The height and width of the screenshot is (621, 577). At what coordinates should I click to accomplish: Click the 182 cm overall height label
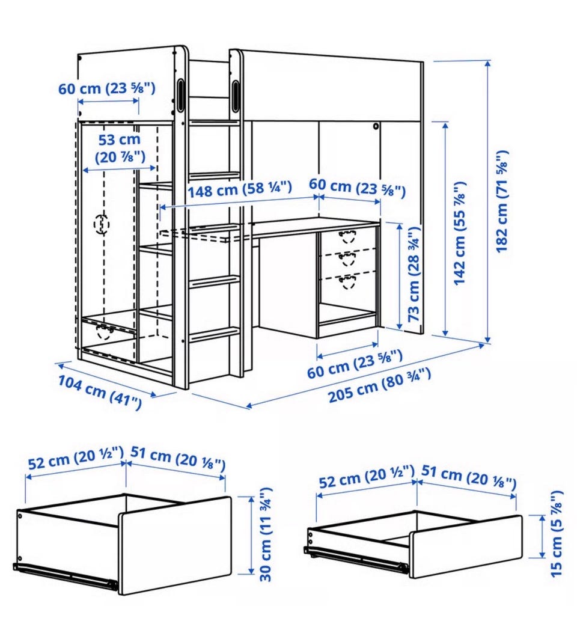pyautogui.click(x=502, y=201)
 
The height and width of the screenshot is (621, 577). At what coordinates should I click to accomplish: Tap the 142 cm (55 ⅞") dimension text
pyautogui.click(x=460, y=233)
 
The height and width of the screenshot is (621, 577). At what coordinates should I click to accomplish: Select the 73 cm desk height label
pyautogui.click(x=414, y=274)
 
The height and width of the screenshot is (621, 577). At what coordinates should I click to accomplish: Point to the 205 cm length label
pyautogui.click(x=380, y=385)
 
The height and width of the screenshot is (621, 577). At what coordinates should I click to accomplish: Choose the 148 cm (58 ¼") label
pyautogui.click(x=240, y=189)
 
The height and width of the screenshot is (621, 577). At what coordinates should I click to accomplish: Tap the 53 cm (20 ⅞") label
pyautogui.click(x=120, y=148)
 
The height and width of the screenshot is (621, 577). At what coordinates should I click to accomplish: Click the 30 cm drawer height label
pyautogui.click(x=266, y=534)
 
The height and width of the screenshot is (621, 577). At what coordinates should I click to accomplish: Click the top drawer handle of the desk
pyautogui.click(x=348, y=236)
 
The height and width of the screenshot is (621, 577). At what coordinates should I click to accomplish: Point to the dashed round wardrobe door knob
pyautogui.click(x=102, y=224)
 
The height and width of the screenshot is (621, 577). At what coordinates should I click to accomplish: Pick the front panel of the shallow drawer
pyautogui.click(x=465, y=546)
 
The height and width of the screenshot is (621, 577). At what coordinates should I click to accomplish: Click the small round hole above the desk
pyautogui.click(x=375, y=127)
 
